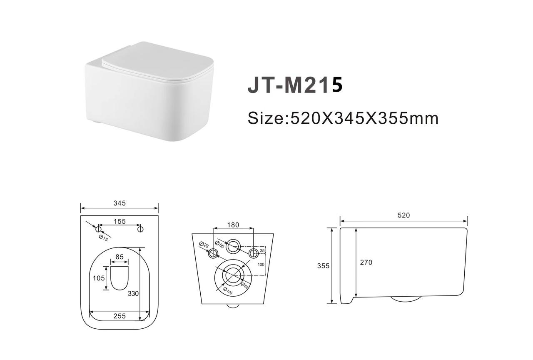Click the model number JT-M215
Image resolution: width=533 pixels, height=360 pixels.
[295, 85]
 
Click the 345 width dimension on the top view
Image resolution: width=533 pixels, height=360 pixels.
[120, 203]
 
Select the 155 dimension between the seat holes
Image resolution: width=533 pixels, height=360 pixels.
[120, 221]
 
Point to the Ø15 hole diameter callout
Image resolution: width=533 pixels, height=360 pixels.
[104, 238]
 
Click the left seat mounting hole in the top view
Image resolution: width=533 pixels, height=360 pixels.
[98, 229]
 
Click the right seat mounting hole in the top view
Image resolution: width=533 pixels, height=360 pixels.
[140, 229]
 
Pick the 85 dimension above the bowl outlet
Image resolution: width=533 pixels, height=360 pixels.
[120, 257]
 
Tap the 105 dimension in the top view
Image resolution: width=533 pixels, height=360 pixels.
[99, 278]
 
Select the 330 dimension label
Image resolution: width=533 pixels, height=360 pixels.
[133, 294]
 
